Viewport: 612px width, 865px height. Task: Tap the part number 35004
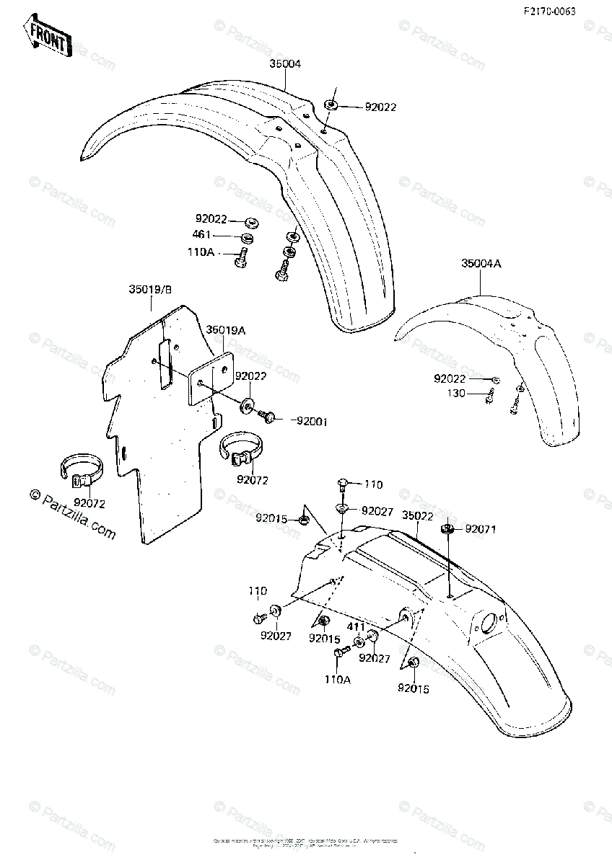285,64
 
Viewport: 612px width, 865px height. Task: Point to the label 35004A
481,264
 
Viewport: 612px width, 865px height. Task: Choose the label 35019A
226,330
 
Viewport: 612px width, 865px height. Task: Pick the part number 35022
417,516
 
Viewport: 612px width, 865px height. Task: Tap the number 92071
481,529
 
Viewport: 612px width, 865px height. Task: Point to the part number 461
201,235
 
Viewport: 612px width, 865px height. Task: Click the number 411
357,627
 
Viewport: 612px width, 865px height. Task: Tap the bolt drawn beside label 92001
268,416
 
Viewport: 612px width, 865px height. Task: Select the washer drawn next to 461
248,237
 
